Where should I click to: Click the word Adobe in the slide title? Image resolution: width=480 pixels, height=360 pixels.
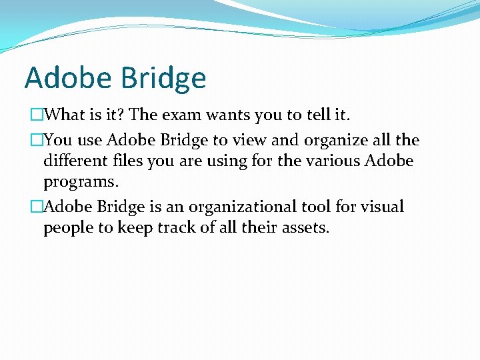[68, 78]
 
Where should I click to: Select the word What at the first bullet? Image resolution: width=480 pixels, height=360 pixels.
[67, 115]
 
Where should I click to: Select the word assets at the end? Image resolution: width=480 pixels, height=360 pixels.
[303, 228]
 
